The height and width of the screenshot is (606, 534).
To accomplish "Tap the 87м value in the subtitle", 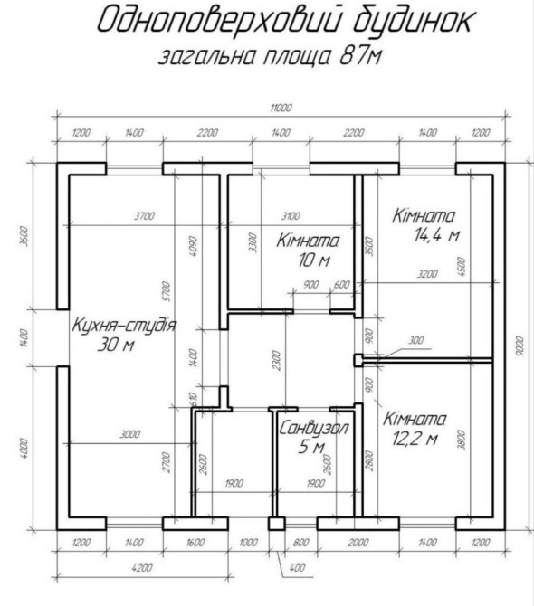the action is [360, 56].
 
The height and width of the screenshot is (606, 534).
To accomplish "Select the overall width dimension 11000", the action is [281, 108].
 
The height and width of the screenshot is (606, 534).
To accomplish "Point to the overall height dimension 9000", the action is [520, 346].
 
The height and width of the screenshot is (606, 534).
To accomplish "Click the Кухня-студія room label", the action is [124, 325].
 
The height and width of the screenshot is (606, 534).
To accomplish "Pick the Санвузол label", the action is [313, 428].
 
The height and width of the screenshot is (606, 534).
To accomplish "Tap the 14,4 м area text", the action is [436, 234].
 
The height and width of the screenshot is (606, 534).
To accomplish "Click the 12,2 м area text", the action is [415, 439].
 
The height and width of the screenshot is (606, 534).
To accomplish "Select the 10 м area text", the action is [314, 260].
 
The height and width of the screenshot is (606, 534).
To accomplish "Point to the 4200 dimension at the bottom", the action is [142, 568].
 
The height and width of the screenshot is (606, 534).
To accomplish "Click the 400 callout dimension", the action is [297, 568].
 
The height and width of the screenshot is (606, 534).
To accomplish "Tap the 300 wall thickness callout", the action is [415, 340].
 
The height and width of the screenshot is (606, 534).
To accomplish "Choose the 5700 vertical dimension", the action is [166, 291].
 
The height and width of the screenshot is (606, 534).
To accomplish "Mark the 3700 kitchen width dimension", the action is [144, 216].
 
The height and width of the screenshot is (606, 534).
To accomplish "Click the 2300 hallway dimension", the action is [276, 360].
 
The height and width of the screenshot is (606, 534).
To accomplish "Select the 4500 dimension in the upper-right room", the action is [461, 267].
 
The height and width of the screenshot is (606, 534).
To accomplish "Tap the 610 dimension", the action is [194, 399].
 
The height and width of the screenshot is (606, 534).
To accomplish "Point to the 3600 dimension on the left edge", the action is [24, 236].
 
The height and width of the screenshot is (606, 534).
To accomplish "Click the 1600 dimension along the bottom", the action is [195, 542].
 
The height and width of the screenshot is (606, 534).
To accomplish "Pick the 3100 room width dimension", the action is [291, 216].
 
